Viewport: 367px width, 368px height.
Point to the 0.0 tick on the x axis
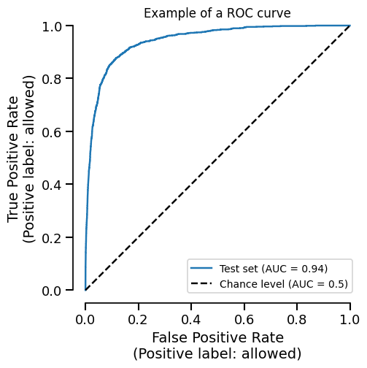[x=85, y=320]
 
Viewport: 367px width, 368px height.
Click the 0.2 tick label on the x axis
[x=139, y=320]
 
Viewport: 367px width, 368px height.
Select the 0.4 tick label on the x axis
[x=191, y=320]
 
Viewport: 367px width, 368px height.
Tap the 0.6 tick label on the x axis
[x=244, y=320]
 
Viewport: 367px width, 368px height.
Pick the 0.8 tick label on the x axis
[x=297, y=320]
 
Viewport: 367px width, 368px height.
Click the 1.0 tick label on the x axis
[x=350, y=320]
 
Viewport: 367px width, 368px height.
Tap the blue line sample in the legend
[x=202, y=269]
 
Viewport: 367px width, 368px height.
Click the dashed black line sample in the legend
[x=202, y=284]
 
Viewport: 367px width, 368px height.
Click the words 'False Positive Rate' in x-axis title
[x=217, y=338]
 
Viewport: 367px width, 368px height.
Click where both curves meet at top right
[x=350, y=26]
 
